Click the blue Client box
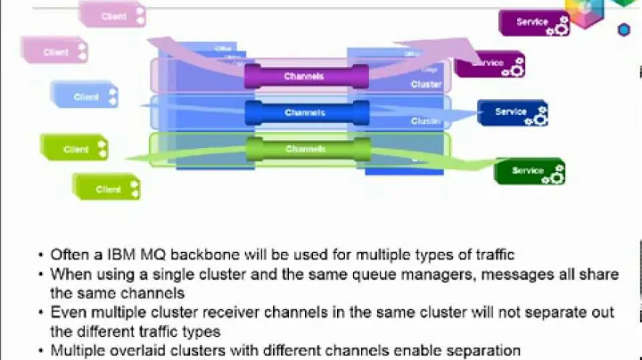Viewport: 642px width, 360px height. [x=86, y=96]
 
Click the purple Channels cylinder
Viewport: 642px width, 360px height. [x=305, y=77]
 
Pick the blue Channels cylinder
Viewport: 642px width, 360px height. [x=305, y=113]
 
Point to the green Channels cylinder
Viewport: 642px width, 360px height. [x=305, y=149]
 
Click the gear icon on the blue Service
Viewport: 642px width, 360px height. [x=539, y=116]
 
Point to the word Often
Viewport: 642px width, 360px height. [x=70, y=254]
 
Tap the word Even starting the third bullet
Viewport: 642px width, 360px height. [x=68, y=312]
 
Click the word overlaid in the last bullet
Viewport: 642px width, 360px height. [x=142, y=350]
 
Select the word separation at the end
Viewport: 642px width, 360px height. [x=482, y=350]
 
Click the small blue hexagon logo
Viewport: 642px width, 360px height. [x=623, y=29]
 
